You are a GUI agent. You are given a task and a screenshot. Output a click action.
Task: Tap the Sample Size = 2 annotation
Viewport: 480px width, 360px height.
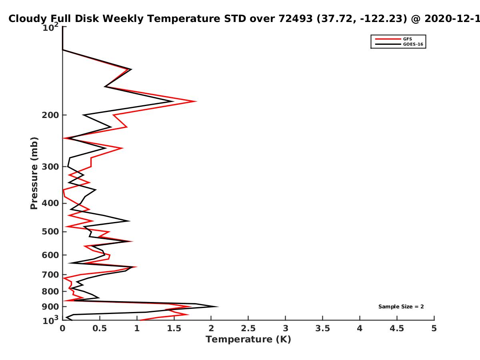click(401, 306)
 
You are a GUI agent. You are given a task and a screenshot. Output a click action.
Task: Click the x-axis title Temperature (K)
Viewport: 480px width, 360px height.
click(248, 339)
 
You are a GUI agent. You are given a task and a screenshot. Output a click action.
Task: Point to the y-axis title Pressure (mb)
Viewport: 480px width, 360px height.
click(34, 173)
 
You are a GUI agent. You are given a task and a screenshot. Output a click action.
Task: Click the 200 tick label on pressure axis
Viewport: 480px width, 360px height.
click(50, 115)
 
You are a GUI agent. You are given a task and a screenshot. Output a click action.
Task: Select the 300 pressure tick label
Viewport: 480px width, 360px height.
click(50, 167)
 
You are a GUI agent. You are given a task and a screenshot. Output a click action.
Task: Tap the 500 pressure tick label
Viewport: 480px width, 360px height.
click(50, 232)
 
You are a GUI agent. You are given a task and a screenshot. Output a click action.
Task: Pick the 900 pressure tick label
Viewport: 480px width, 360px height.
click(50, 307)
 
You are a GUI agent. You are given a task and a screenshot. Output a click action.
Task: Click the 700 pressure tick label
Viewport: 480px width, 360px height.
click(50, 275)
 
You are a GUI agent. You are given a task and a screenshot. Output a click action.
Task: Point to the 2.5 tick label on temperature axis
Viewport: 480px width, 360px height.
click(248, 328)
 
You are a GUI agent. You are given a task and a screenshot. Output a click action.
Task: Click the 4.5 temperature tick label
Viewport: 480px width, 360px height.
click(397, 328)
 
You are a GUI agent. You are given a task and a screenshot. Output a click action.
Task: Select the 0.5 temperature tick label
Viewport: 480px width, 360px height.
click(100, 328)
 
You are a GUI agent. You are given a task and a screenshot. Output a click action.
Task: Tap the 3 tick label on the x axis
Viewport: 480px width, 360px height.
click(285, 328)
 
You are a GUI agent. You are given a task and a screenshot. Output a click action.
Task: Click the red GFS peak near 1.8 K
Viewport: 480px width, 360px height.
click(196, 101)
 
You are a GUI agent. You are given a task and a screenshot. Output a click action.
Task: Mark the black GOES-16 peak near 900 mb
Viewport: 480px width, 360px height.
click(218, 306)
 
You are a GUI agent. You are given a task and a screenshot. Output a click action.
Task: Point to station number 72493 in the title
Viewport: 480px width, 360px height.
click(296, 18)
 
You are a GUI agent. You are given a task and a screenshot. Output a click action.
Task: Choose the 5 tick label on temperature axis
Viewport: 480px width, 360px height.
click(434, 328)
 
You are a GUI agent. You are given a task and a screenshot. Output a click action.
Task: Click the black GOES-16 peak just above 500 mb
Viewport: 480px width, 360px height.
click(130, 221)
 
